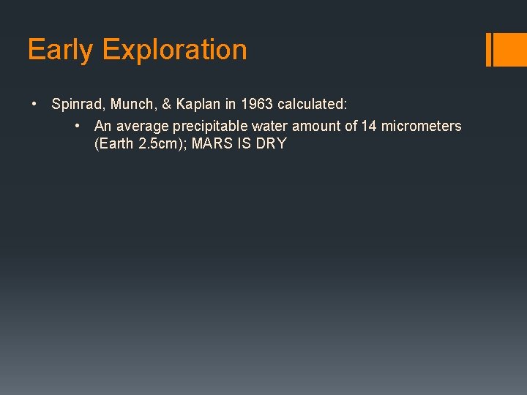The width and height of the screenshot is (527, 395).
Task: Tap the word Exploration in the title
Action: [175, 50]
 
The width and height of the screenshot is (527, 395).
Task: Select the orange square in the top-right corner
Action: [510, 49]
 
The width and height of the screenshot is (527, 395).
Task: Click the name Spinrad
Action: [76, 104]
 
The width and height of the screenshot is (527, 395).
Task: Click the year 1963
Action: [257, 104]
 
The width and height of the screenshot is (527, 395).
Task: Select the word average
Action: [143, 126]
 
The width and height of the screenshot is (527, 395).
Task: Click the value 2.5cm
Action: [162, 143]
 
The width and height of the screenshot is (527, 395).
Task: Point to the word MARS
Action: [211, 143]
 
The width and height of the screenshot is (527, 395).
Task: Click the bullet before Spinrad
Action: [35, 104]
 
